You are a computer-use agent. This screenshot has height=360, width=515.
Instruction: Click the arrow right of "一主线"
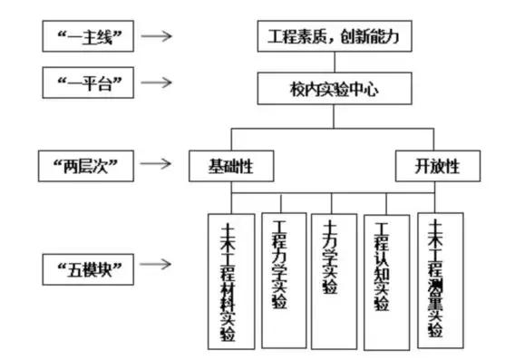pyautogui.click(x=158, y=37)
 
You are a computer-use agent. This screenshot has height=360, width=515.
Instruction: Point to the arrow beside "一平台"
pyautogui.click(x=158, y=83)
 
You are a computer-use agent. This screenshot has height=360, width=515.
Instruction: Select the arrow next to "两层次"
pyautogui.click(x=158, y=164)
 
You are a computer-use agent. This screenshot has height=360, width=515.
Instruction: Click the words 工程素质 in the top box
pyautogui.click(x=299, y=38)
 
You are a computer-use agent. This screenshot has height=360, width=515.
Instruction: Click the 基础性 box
pyautogui.click(x=231, y=166)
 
